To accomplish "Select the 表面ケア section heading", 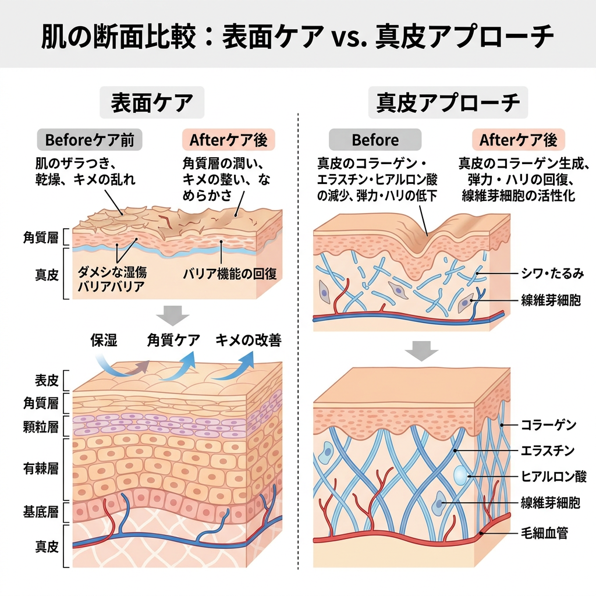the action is [x=152, y=102].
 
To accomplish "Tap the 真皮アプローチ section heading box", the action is [x=448, y=102].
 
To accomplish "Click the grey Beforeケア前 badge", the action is [x=90, y=140].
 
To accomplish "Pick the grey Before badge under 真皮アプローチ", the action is [x=375, y=140].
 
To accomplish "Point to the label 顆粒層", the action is [x=41, y=427].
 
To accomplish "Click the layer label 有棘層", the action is [x=41, y=469].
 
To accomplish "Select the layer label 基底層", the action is [x=41, y=512].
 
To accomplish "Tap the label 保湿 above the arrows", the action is [x=104, y=340].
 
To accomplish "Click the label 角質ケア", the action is [x=173, y=340].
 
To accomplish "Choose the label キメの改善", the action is [x=249, y=340].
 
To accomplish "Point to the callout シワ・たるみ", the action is [x=552, y=274].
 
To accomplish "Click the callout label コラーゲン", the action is [x=548, y=424].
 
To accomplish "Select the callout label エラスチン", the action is [x=548, y=451].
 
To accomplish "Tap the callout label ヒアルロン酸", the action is [x=554, y=476].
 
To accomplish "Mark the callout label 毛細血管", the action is [x=545, y=533].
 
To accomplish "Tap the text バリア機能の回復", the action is [x=229, y=274].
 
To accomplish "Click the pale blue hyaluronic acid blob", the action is [x=460, y=475].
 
